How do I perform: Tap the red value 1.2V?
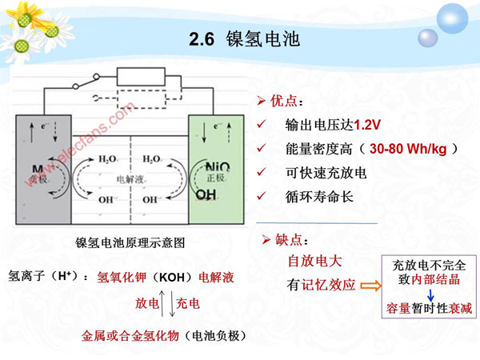(x=369, y=126)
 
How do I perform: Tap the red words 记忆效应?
(x=328, y=284)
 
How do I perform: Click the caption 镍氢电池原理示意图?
(x=130, y=242)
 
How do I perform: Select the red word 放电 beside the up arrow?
(x=147, y=303)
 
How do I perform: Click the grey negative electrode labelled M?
(x=41, y=168)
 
